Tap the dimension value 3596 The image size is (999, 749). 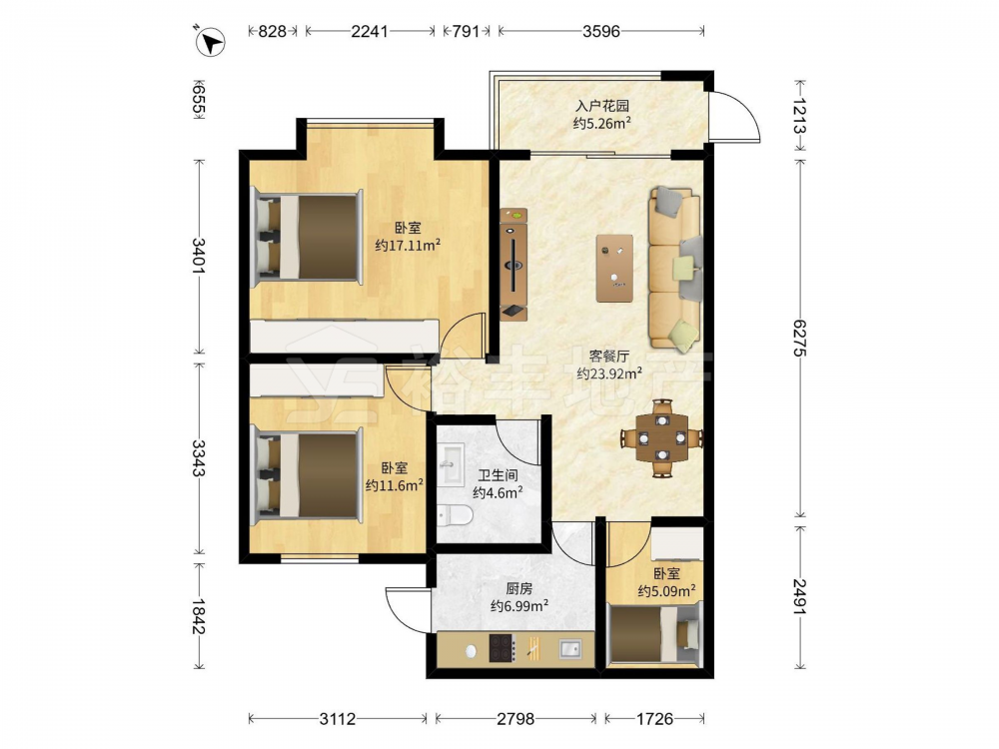pyautogui.click(x=600, y=31)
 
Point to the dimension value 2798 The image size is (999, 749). pyautogui.click(x=515, y=719)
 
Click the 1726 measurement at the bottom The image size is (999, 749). pyautogui.click(x=654, y=719)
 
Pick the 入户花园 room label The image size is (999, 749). pyautogui.click(x=602, y=106)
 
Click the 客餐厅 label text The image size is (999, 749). pyautogui.click(x=609, y=357)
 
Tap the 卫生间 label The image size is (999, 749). pyautogui.click(x=498, y=475)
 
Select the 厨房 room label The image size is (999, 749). pyautogui.click(x=519, y=589)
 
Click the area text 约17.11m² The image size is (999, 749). pyautogui.click(x=408, y=245)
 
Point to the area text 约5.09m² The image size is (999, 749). pyautogui.click(x=666, y=591)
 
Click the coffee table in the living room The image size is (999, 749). pyautogui.click(x=614, y=268)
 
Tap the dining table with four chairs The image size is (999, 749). pyautogui.click(x=662, y=437)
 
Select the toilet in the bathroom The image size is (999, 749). pyautogui.click(x=455, y=514)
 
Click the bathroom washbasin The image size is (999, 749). pyautogui.click(x=452, y=463)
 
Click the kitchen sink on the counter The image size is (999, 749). pyautogui.click(x=570, y=649)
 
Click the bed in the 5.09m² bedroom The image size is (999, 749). pyautogui.click(x=653, y=635)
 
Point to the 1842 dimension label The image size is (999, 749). pyautogui.click(x=198, y=616)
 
